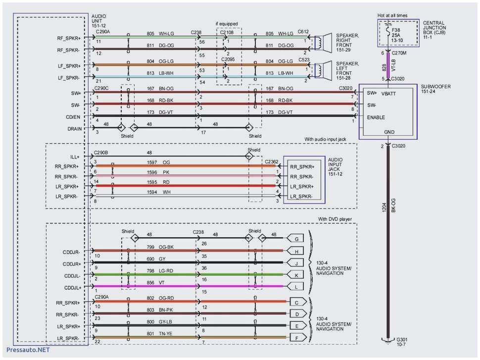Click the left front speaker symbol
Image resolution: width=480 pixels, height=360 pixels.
(325, 69)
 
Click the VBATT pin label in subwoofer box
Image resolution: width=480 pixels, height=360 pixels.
(388, 93)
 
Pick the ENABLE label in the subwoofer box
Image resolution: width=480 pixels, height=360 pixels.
(376, 117)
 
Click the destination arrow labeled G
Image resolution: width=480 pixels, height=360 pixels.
(296, 239)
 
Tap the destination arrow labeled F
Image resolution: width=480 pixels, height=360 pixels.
(296, 337)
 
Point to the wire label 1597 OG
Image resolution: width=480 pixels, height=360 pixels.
(158, 162)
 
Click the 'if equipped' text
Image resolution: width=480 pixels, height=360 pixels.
(227, 24)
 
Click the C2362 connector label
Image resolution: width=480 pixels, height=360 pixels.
(272, 161)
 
